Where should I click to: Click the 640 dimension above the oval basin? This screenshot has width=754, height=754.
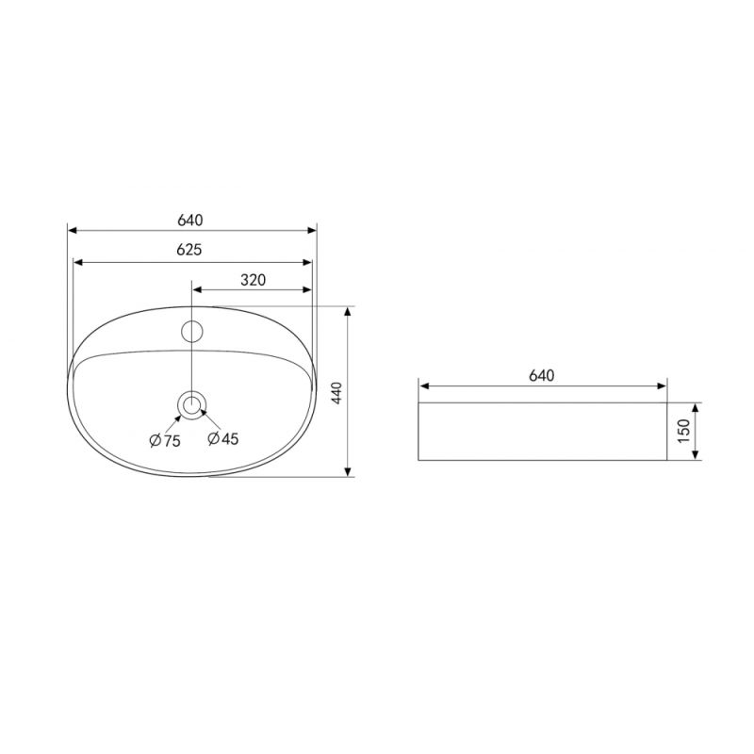(x=190, y=221)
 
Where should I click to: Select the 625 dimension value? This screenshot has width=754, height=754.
(x=189, y=250)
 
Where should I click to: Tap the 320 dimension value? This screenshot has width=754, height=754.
(x=253, y=280)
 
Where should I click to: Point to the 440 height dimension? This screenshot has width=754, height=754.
(x=336, y=392)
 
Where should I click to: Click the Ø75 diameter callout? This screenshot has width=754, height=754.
(x=165, y=440)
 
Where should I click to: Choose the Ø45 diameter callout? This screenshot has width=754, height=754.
(x=223, y=438)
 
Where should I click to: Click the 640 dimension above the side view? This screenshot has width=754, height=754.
(x=542, y=375)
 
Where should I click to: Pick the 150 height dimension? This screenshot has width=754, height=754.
(x=683, y=432)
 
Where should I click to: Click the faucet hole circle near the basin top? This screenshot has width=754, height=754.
(x=192, y=332)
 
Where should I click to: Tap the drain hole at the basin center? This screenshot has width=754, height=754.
(x=192, y=405)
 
